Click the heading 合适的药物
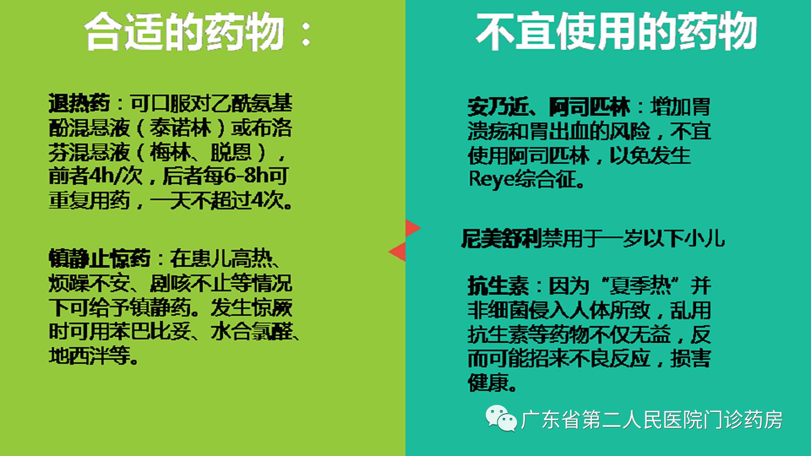[x=184, y=32]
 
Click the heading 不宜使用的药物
[x=616, y=32]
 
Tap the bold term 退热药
[x=79, y=103]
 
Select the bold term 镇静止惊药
[x=99, y=258]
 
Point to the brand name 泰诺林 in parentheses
[x=180, y=128]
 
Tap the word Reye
[x=492, y=179]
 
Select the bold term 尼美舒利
[x=501, y=239]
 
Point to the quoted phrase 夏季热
[x=640, y=286]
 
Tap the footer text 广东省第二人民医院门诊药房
[x=652, y=420]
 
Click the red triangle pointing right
[x=411, y=228]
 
